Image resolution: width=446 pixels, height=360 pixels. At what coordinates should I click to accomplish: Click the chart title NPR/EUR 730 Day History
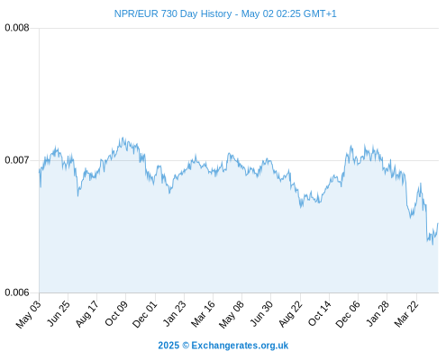(x=173, y=13)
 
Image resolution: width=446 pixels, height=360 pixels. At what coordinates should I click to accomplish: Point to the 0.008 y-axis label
(x=17, y=28)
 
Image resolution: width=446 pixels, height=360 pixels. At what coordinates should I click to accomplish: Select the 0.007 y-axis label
(x=17, y=160)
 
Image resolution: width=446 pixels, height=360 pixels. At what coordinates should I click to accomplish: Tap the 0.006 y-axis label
(x=17, y=292)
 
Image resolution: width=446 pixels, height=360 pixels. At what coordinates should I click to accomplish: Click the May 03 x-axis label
(x=28, y=314)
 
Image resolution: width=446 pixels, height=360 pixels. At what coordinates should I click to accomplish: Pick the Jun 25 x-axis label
(x=59, y=313)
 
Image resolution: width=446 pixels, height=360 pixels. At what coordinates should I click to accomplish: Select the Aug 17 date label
(x=86, y=314)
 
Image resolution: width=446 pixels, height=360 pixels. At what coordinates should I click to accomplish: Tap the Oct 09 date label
(x=116, y=313)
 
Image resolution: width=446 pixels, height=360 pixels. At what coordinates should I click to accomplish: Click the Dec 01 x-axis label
(x=145, y=314)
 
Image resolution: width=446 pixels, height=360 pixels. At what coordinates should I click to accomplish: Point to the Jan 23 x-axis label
(x=174, y=313)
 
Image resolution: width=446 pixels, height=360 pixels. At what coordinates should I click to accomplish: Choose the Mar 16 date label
(x=203, y=314)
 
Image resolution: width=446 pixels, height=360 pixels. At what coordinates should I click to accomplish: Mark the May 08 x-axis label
(x=232, y=314)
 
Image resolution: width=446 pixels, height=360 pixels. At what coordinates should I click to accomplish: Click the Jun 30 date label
(x=261, y=313)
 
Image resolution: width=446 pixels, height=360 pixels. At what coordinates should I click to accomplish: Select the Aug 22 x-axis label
(x=290, y=314)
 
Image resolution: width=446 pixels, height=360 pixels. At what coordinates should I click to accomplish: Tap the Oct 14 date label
(x=320, y=313)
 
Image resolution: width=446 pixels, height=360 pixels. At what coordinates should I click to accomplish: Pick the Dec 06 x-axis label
(x=348, y=314)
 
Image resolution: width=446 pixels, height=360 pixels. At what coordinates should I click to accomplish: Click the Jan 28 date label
(x=378, y=313)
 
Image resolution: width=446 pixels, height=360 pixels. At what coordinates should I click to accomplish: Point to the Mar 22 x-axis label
(x=406, y=314)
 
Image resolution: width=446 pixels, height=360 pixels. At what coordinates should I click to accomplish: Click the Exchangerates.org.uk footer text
(x=240, y=346)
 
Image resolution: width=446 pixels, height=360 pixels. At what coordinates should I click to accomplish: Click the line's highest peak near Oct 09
(x=123, y=138)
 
